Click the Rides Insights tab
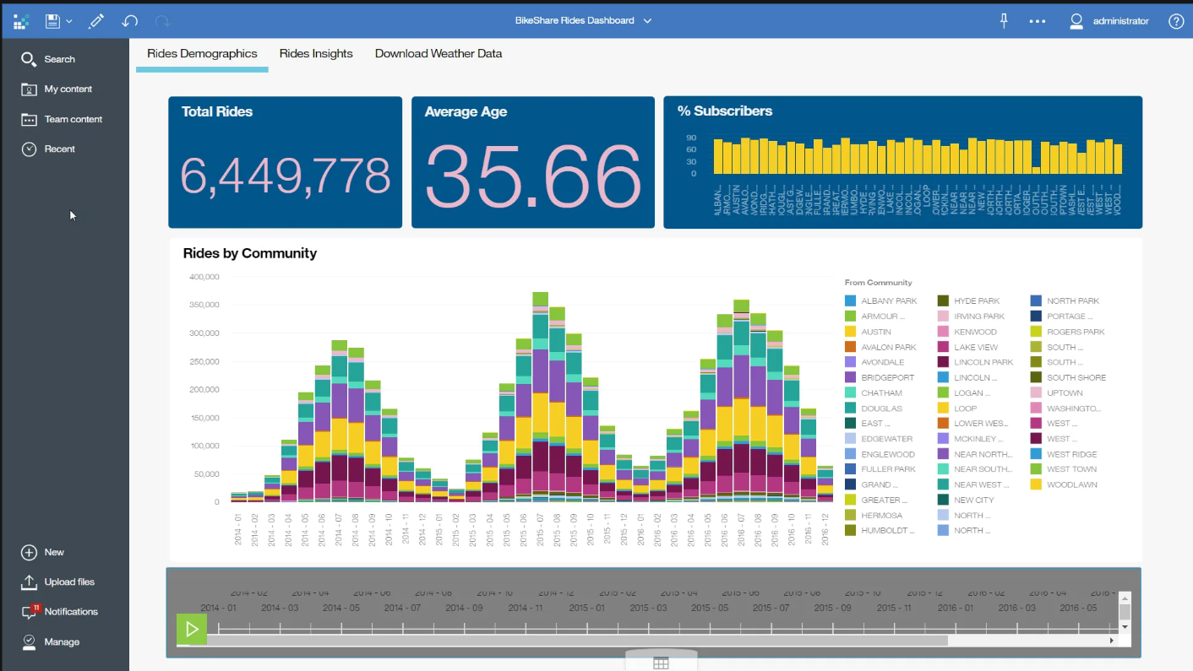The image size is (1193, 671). coord(316,53)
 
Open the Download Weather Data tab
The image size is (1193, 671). coord(438,53)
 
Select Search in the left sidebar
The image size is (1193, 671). coord(59,59)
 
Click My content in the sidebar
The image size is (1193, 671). coord(68,89)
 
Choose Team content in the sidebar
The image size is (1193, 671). coord(73,119)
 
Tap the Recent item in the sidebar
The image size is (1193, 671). coord(59,149)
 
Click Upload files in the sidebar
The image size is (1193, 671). coord(68,582)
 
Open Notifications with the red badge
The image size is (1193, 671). coord(70,611)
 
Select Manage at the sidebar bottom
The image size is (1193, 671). coord(62,641)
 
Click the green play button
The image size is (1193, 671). coord(192,629)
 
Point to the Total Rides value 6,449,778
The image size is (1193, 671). coord(285,176)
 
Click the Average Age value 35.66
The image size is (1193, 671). coord(532,176)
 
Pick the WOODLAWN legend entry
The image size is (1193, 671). coord(1070,484)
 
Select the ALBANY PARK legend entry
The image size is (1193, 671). coord(888,300)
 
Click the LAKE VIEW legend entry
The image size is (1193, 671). coord(975,347)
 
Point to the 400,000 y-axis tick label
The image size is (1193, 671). coord(204,277)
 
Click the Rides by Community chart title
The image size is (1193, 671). coord(249,253)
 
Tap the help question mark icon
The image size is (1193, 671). coord(1176,21)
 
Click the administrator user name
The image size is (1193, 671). coord(1120,21)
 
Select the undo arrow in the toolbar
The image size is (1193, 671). coord(129,21)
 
